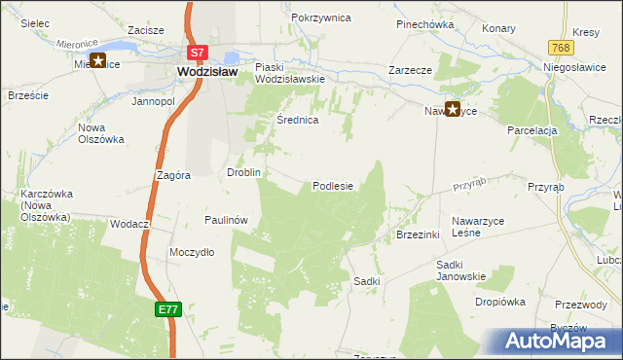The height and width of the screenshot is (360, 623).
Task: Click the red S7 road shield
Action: coord(197,53)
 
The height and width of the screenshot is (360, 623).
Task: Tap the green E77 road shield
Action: coord(167,308)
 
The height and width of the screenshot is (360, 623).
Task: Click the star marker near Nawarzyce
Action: coord(453,110)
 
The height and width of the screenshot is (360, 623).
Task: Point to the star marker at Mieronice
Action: coord(98,61)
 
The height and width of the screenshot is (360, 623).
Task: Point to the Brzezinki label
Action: coord(419,234)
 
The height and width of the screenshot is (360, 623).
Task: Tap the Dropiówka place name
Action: coord(500,302)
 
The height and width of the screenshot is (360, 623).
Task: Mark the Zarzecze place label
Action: coord(410,70)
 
